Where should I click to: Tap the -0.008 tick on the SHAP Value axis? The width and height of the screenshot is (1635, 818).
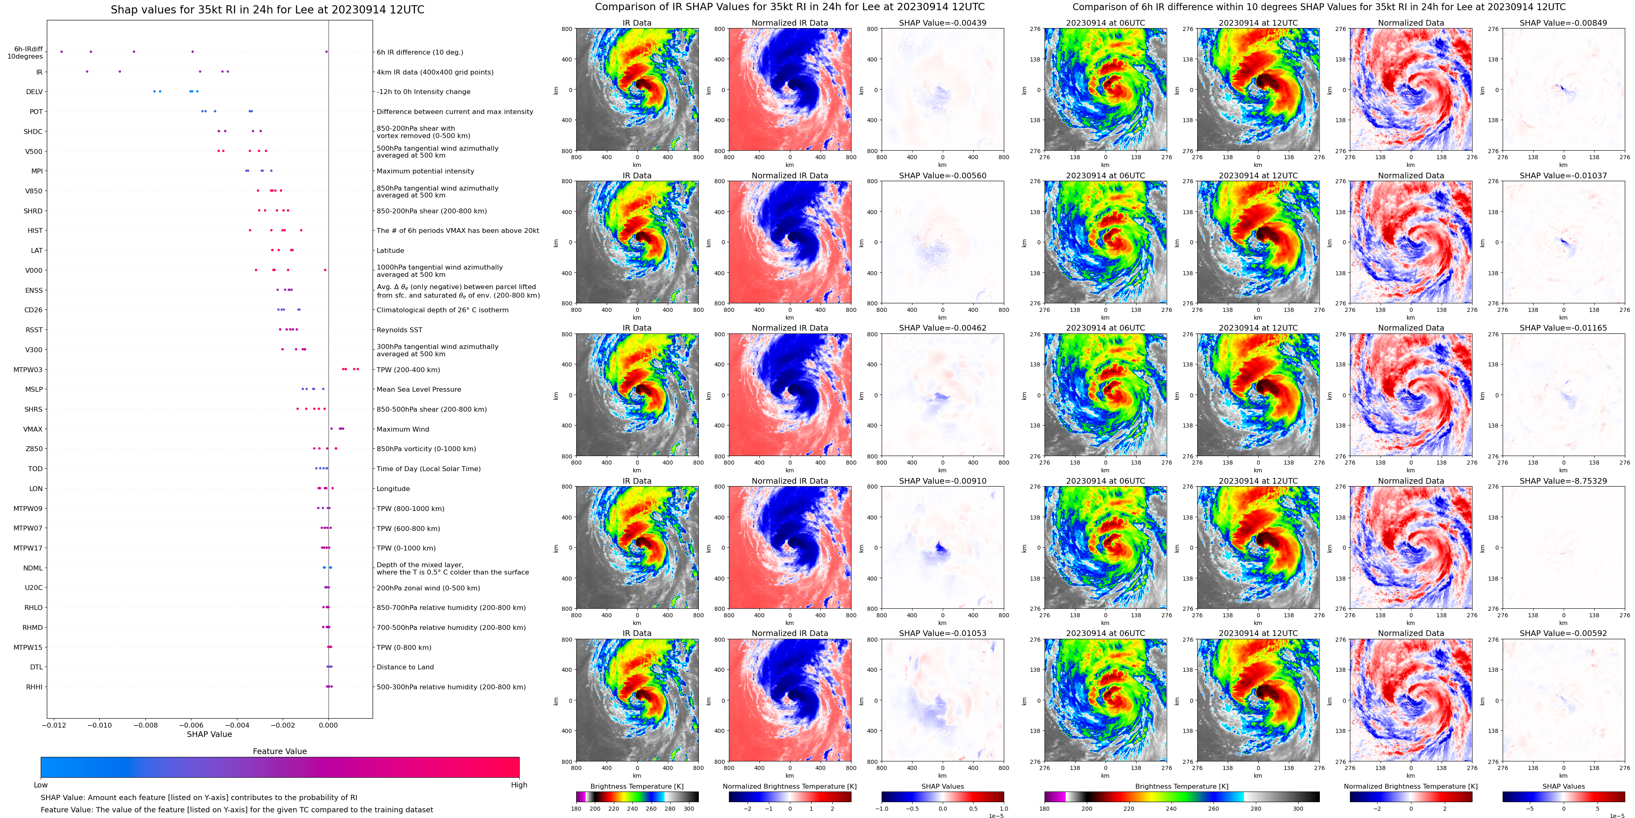coord(145,725)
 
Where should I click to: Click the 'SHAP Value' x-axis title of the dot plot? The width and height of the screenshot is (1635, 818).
coord(209,734)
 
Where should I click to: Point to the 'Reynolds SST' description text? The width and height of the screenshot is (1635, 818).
coord(399,330)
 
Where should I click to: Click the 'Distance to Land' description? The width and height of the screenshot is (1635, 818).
coord(405,667)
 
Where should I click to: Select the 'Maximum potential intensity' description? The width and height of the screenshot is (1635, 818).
coord(425,171)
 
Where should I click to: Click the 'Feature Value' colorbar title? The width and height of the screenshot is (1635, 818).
coord(279,751)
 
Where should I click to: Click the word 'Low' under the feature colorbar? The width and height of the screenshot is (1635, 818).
coord(41,785)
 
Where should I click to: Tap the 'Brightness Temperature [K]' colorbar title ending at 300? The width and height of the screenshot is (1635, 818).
coord(636,786)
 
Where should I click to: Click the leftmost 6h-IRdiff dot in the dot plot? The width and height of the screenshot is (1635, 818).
coord(61,51)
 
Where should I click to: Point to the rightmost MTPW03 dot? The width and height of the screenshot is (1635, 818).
coord(358,369)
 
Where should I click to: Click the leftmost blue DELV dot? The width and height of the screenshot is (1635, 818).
coord(154,91)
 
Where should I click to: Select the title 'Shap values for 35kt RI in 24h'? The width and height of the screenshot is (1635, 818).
coord(267,9)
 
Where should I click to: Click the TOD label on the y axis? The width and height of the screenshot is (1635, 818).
coord(35,469)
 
